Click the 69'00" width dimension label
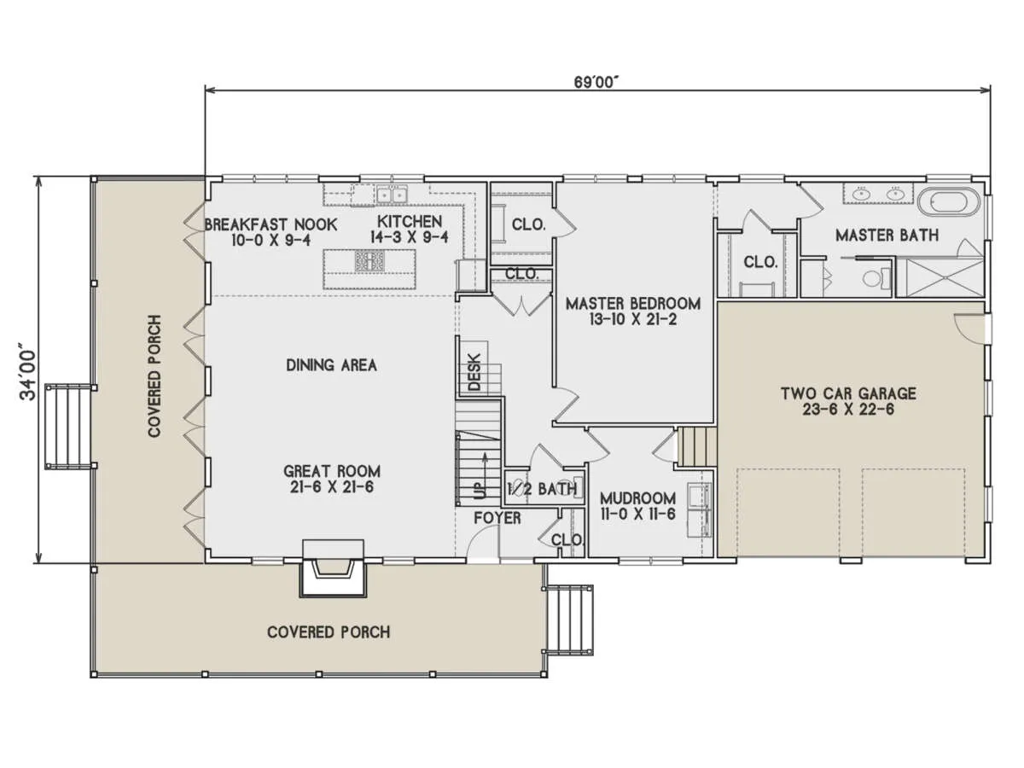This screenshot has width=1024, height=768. tap(596, 82)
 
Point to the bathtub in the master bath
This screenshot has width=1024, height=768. tap(948, 202)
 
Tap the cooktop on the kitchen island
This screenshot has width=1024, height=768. tap(369, 261)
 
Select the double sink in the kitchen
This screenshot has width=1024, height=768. tap(392, 195)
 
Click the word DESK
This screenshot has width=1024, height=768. tap(474, 372)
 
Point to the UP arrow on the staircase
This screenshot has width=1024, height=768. tap(486, 475)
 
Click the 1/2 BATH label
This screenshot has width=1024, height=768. tap(542, 489)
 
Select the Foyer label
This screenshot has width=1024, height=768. tap(497, 518)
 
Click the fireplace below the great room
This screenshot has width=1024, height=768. tap(333, 568)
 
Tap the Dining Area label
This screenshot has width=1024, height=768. tap(331, 364)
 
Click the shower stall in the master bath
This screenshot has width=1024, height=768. tap(940, 278)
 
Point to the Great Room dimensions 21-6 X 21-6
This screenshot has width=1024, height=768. tap(331, 487)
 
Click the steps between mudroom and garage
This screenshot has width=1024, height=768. tap(697, 446)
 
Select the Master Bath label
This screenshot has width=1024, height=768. tap(887, 235)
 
